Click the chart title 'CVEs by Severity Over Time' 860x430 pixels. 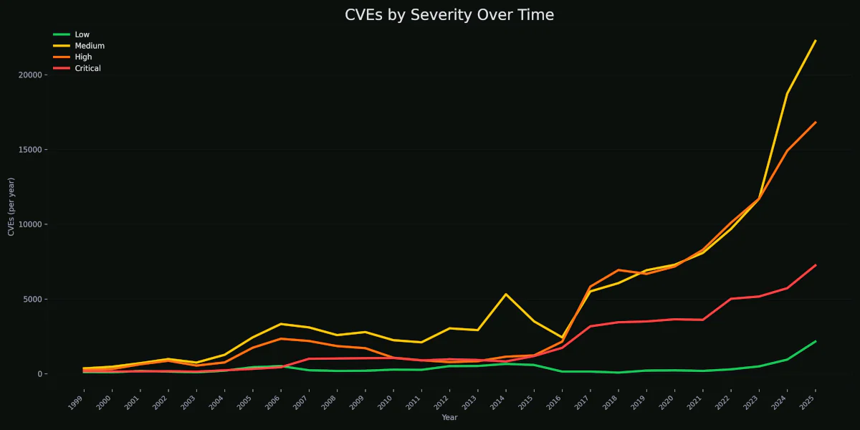449,15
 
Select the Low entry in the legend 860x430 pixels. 82,34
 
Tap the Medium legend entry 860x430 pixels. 89,46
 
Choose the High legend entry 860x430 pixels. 83,57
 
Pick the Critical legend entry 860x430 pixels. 87,69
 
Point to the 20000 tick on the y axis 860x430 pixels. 33,75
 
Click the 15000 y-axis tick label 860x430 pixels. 33,150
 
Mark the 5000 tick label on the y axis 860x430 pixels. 35,300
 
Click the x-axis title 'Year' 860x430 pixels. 449,418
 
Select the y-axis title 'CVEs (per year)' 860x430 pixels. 11,206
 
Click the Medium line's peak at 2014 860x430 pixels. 505,295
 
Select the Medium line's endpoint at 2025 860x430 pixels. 815,41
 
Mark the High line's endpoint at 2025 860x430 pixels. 815,123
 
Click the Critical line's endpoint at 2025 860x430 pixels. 815,265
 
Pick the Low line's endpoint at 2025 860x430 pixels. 815,342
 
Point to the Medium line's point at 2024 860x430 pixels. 787,93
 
